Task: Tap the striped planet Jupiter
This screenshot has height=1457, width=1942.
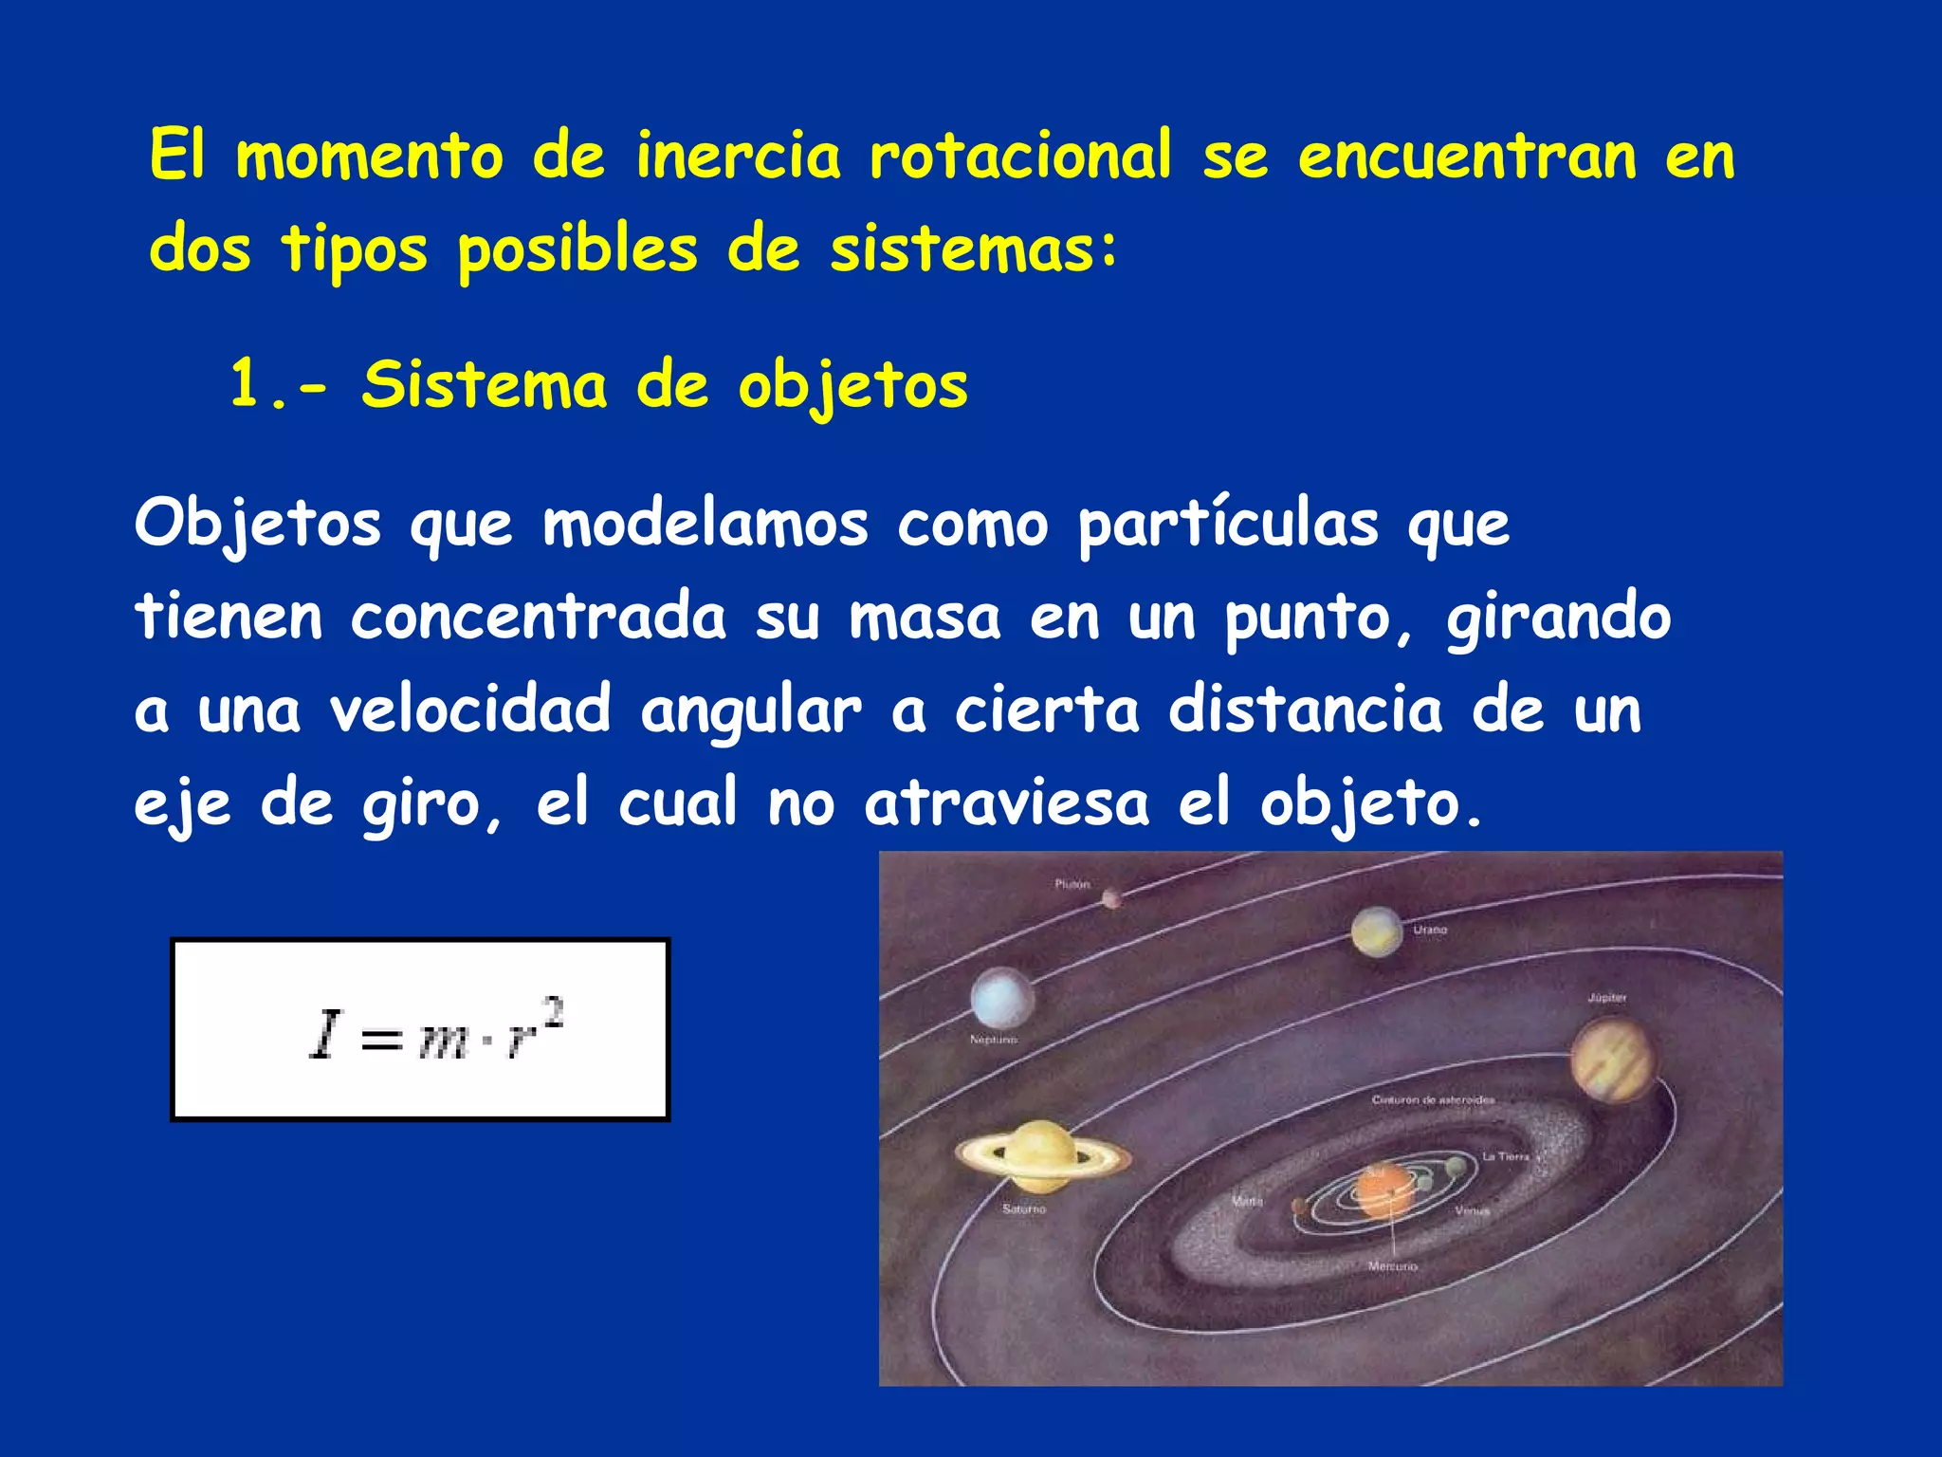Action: click(x=1611, y=1060)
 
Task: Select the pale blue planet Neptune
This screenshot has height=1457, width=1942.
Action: click(x=1001, y=999)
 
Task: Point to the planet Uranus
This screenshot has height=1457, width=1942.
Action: click(x=1377, y=931)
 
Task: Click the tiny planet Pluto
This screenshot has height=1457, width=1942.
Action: click(x=1111, y=896)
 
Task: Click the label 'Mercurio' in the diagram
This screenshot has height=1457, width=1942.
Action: click(x=1392, y=1266)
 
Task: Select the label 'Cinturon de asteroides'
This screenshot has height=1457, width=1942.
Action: click(x=1433, y=1100)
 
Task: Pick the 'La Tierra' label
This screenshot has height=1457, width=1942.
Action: click(x=1505, y=1156)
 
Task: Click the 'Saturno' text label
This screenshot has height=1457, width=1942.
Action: click(x=1023, y=1209)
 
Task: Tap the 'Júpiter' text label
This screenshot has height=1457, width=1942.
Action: click(x=1607, y=998)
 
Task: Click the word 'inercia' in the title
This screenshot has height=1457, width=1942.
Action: click(x=738, y=156)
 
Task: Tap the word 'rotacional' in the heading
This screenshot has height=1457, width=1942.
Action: click(x=1020, y=156)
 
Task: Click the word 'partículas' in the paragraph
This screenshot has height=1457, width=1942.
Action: click(x=1228, y=525)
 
